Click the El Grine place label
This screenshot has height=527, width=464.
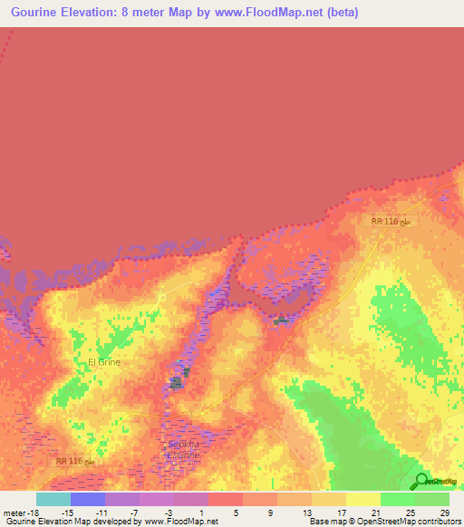[x=104, y=362]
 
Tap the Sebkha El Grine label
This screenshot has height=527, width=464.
[x=183, y=450]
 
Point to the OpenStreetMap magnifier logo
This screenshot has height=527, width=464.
[x=422, y=481]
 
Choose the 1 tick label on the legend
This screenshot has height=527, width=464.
[x=208, y=513]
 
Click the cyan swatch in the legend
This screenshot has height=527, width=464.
[x=53, y=499]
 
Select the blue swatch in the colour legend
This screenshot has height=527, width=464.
[x=88, y=499]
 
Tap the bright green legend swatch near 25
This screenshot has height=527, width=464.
[x=397, y=499]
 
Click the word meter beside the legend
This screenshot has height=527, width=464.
[x=14, y=513]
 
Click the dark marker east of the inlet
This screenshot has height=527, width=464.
[x=280, y=320]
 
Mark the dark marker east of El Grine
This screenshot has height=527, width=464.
[x=177, y=383]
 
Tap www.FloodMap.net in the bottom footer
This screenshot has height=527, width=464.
[x=180, y=522]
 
